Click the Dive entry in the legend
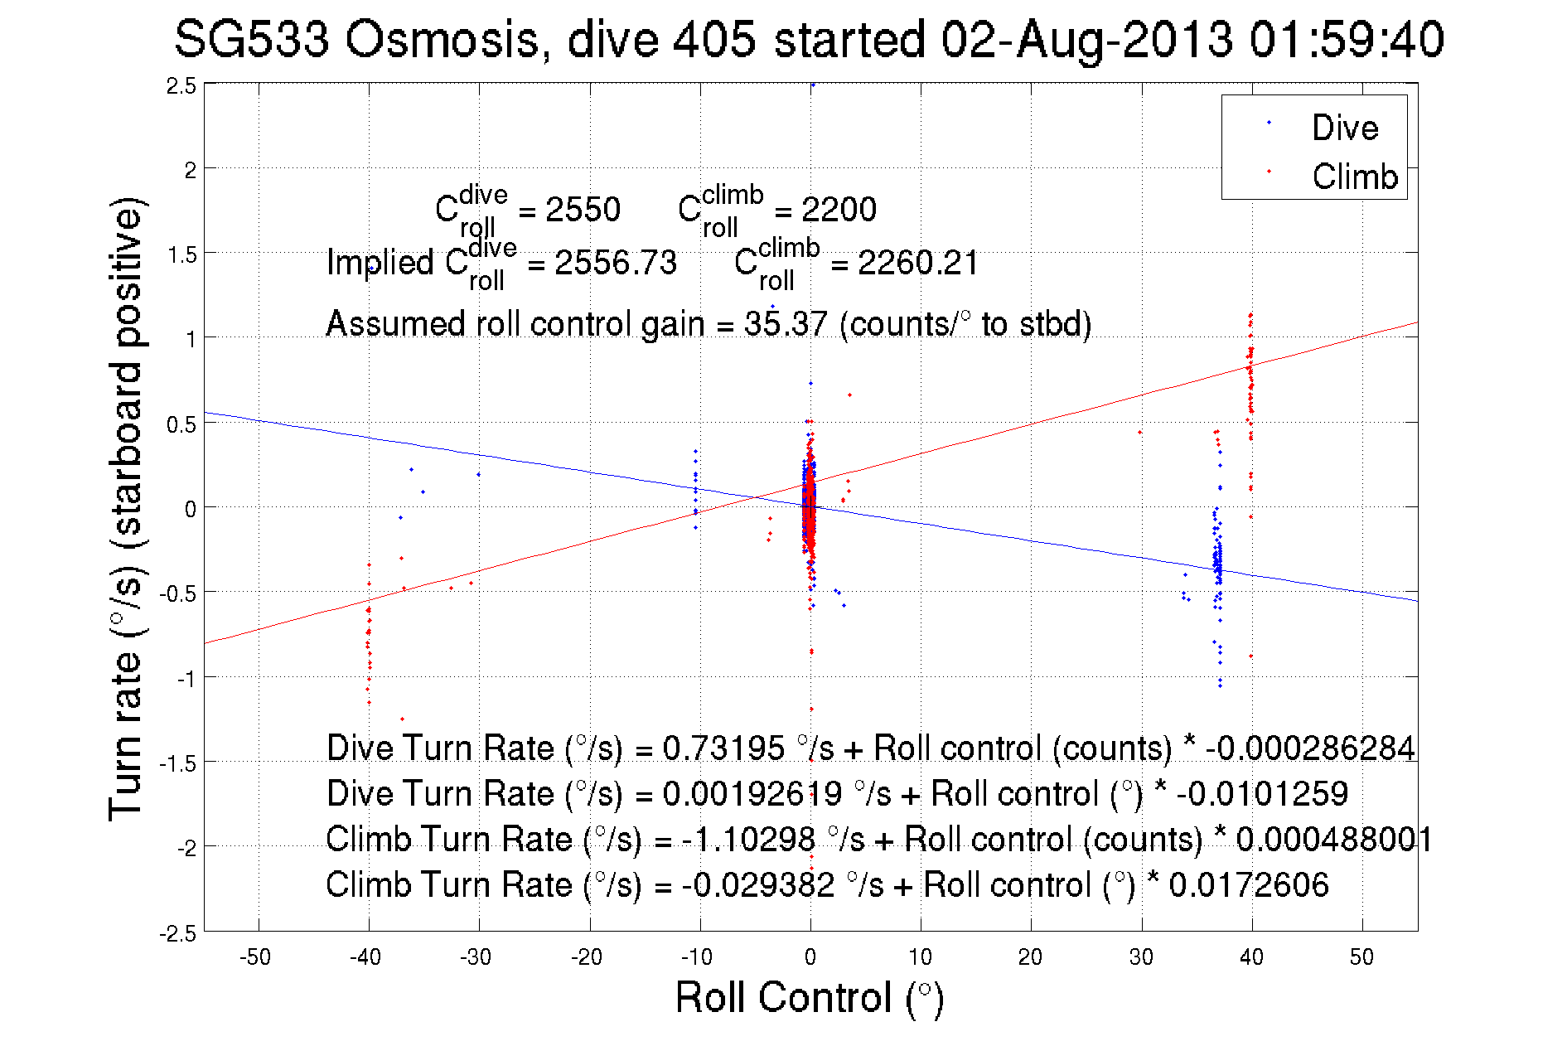(1344, 128)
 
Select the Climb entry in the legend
(1354, 177)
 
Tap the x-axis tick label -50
(255, 957)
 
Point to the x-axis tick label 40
(1251, 957)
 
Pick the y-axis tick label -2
(186, 848)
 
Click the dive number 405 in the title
(713, 40)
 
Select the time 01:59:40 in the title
(1347, 40)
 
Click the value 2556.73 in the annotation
(616, 264)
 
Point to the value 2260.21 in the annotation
(918, 264)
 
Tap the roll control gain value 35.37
(786, 324)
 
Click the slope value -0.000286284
(1310, 748)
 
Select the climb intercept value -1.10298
(748, 840)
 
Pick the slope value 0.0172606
(1249, 885)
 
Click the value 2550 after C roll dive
(583, 210)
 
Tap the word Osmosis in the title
(442, 40)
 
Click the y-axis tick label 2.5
(182, 86)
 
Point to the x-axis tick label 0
(810, 957)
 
